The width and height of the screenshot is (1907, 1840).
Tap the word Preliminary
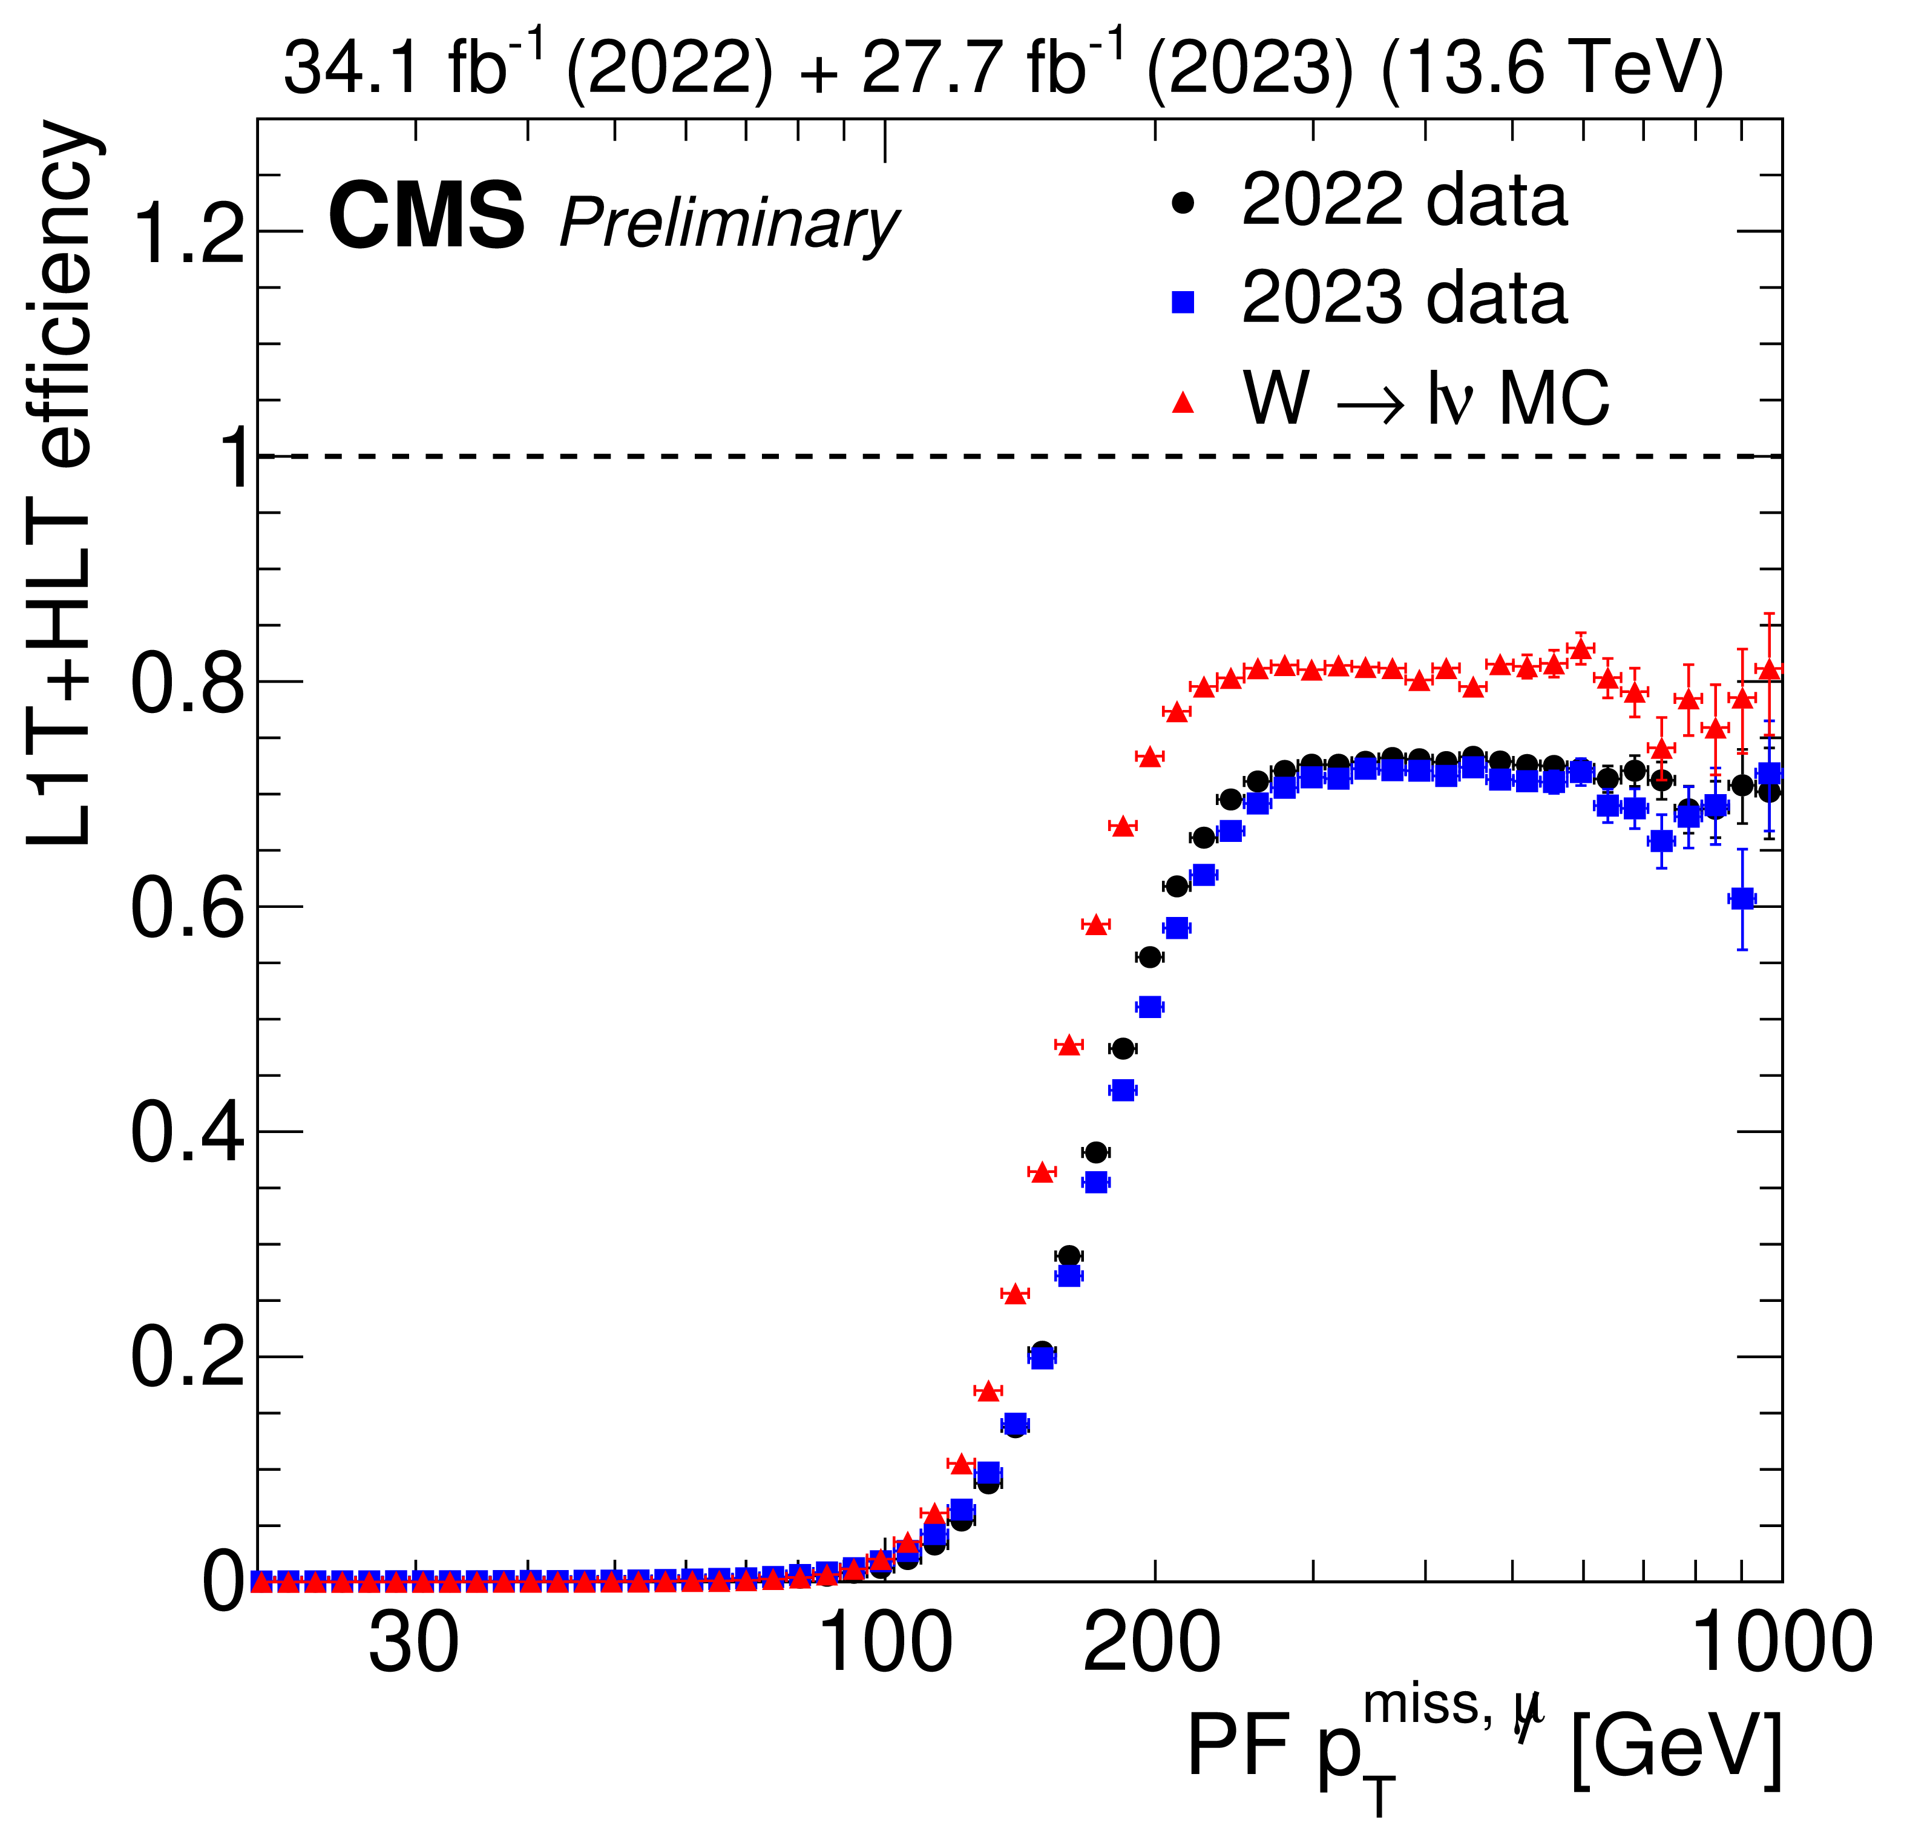729,224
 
